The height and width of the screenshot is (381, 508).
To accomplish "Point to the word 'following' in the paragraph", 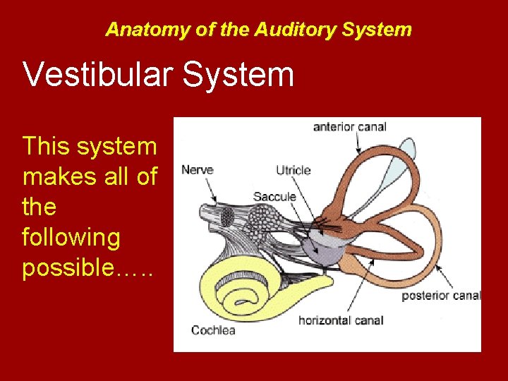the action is pyautogui.click(x=71, y=238).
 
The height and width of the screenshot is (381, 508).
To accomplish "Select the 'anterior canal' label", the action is pyautogui.click(x=350, y=127).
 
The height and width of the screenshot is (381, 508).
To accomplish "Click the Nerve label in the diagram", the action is pyautogui.click(x=198, y=169).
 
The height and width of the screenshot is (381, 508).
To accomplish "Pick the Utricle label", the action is pyautogui.click(x=293, y=170).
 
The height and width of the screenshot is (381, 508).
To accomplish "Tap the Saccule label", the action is pyautogui.click(x=274, y=196).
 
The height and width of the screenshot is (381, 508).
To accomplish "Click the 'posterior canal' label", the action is pyautogui.click(x=441, y=296).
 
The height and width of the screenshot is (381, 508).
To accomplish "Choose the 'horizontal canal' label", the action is pyautogui.click(x=341, y=320).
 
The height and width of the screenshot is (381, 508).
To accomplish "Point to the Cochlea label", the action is pyautogui.click(x=213, y=329).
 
